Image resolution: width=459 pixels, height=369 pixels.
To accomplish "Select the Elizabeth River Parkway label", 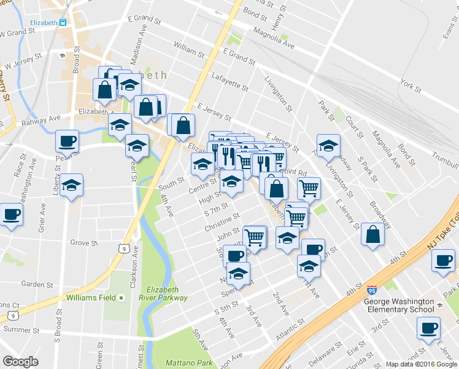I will [167, 293].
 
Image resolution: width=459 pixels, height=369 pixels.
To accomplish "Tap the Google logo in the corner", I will [21, 362].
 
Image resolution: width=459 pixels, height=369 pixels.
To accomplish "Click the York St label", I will [410, 85].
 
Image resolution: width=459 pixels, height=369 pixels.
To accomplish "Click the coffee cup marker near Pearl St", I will [67, 141].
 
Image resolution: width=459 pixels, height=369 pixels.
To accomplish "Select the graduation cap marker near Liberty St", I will [71, 184].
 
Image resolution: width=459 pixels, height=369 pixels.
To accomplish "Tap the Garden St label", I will [37, 284].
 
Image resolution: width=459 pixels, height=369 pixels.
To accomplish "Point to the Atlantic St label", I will [290, 330].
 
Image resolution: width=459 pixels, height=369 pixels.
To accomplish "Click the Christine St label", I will [222, 223].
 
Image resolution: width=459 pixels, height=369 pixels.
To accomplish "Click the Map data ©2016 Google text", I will [420, 364].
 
